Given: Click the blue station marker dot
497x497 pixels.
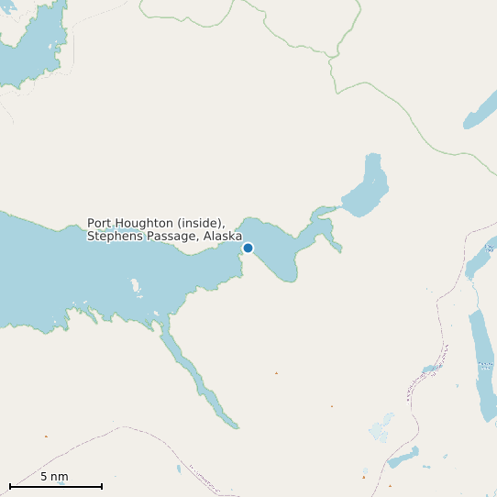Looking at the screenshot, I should [248, 248].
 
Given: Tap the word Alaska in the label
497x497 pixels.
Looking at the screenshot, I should [223, 237].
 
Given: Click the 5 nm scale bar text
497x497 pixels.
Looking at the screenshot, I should [54, 477].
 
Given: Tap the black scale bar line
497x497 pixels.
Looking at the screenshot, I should [55, 486].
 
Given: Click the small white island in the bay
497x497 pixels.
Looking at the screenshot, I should [138, 286].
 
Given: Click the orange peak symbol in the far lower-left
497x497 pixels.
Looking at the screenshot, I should [46, 436].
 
